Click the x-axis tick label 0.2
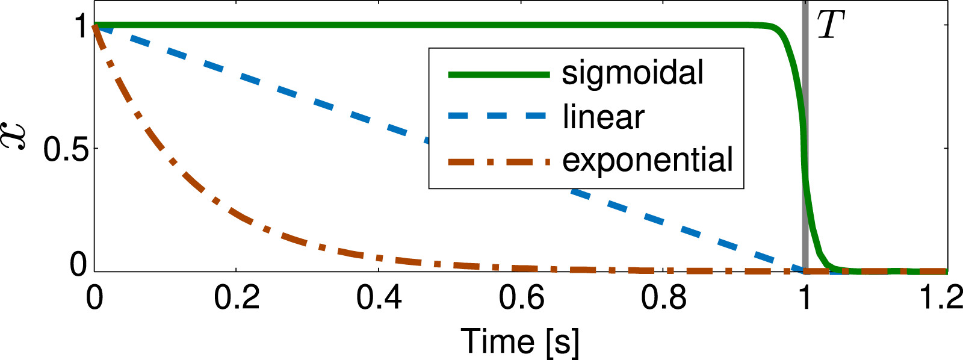[x=237, y=298]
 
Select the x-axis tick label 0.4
[x=379, y=298]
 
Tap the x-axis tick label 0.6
[x=521, y=298]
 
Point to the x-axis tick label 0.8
[x=663, y=298]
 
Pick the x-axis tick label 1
[x=805, y=298]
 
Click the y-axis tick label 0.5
[x=66, y=148]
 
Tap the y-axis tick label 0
[x=78, y=265]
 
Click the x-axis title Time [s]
[x=520, y=341]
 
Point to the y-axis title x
[x=17, y=135]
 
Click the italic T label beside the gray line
[x=831, y=26]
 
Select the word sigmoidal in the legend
[x=633, y=73]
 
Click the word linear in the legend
[x=603, y=117]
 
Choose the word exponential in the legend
[x=648, y=160]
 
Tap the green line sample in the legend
[x=498, y=75]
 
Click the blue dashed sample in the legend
[x=498, y=116]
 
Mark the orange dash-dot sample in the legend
[x=498, y=161]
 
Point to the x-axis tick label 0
[x=94, y=298]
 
